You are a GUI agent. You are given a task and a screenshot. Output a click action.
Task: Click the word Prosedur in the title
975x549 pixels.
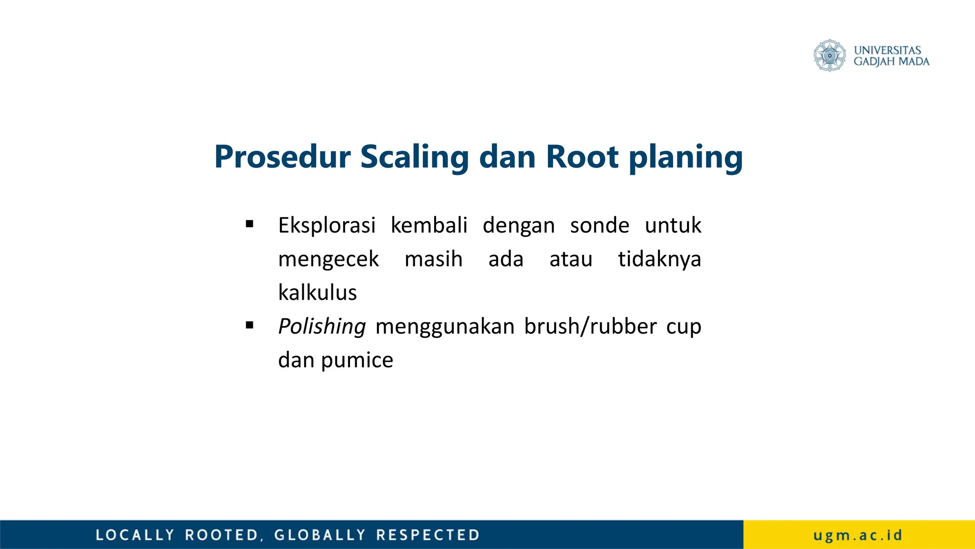tap(282, 157)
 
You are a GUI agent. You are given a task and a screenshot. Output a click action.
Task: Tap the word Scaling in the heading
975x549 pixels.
tap(414, 158)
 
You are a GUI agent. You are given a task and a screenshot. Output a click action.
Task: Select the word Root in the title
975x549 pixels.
tap(582, 157)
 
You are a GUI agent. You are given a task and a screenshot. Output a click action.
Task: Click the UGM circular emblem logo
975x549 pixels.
tap(829, 56)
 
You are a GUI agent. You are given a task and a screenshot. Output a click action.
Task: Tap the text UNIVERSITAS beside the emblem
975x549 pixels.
tap(887, 50)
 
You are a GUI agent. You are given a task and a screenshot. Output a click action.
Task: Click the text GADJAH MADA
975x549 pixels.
tap(891, 61)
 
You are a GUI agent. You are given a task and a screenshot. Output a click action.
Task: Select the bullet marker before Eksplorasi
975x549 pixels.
tap(249, 224)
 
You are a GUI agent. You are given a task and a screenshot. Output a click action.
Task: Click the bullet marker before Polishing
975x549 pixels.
tap(249, 325)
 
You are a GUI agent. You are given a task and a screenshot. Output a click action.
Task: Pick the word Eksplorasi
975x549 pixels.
tap(327, 225)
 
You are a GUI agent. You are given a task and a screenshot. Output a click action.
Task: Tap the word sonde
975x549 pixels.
tap(599, 225)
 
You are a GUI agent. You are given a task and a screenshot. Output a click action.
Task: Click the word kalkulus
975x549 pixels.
tap(317, 293)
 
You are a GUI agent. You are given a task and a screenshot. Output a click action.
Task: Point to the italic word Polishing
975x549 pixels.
tap(322, 326)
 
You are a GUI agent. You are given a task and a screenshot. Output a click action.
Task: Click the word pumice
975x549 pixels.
tap(357, 361)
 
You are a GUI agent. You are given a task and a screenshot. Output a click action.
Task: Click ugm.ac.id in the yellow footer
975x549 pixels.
tap(858, 535)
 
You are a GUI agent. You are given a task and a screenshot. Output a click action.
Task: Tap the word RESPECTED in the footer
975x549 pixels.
tap(428, 535)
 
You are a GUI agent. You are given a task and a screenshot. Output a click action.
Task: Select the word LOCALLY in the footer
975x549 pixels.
tap(135, 535)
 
